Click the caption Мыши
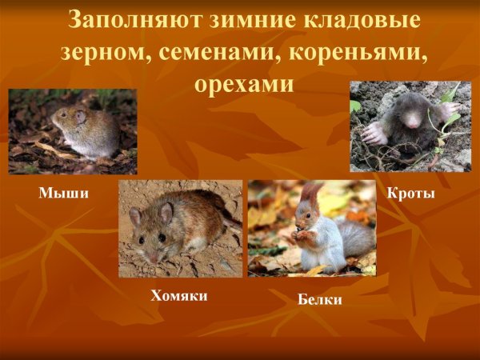(x=63, y=193)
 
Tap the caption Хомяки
(x=179, y=296)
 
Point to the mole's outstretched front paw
(x=373, y=131)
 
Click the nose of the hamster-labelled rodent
(x=153, y=258)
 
